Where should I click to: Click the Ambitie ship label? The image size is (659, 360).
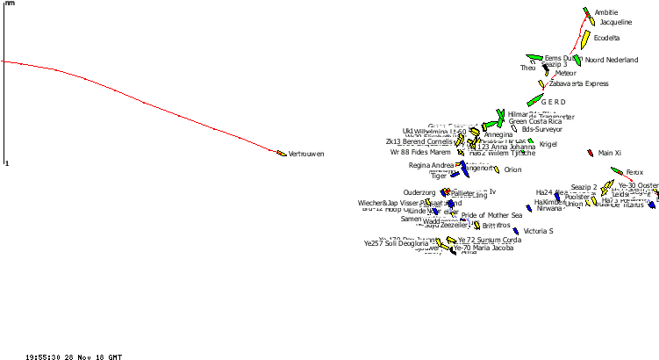(x=606, y=12)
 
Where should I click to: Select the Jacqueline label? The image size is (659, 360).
(x=616, y=22)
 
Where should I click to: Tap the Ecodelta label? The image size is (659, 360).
(x=607, y=38)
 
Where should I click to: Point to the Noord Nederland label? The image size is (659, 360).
(x=612, y=60)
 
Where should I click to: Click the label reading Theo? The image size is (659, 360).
(x=527, y=68)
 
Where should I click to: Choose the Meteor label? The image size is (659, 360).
(x=566, y=73)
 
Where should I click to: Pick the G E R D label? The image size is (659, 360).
(x=554, y=102)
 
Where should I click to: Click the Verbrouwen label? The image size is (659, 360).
(x=306, y=154)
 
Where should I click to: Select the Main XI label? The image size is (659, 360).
(x=610, y=153)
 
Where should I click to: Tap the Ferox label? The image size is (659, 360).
(x=634, y=172)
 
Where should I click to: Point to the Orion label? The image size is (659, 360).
(x=512, y=169)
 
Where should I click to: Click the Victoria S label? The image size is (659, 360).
(x=538, y=231)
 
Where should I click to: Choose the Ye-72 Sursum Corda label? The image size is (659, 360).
(x=490, y=240)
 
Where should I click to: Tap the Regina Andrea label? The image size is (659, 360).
(x=432, y=165)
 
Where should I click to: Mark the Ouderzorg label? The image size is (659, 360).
(x=419, y=192)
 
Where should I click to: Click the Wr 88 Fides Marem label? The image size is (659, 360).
(x=420, y=152)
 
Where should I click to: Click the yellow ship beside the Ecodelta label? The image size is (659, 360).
(x=585, y=40)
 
